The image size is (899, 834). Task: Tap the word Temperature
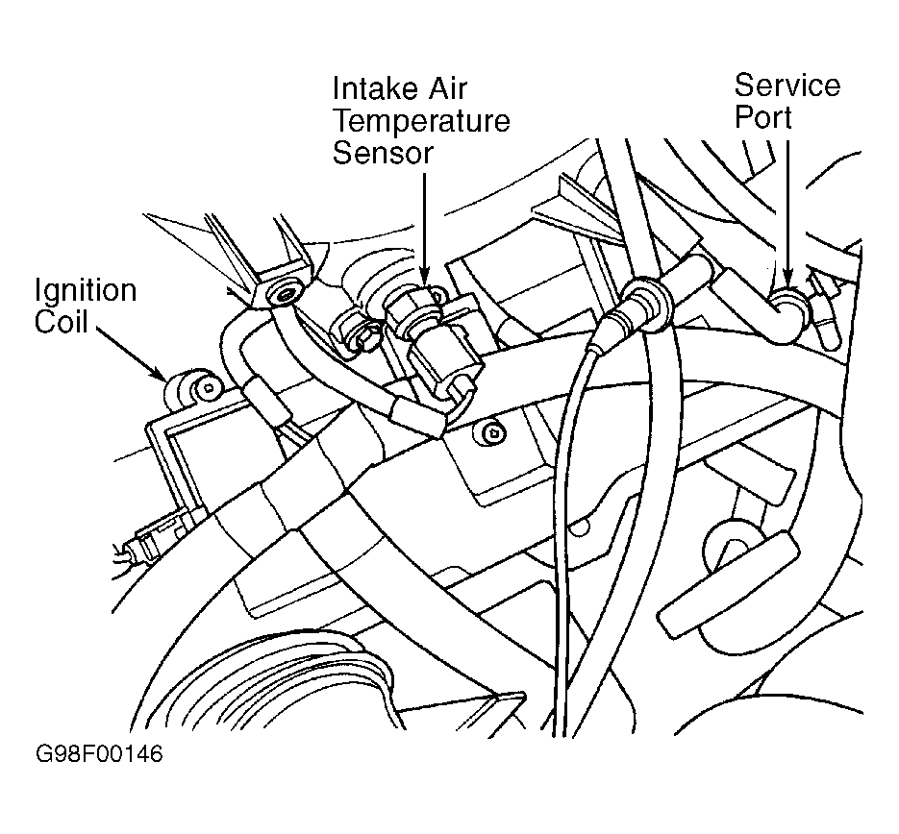[x=420, y=121]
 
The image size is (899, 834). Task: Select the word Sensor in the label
[x=382, y=153]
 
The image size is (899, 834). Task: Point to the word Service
[x=787, y=86]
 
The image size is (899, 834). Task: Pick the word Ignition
[x=86, y=290]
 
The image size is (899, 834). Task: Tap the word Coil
[x=62, y=322]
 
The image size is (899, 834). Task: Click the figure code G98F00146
[x=98, y=754]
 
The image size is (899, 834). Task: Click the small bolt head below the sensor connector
[x=492, y=432]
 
